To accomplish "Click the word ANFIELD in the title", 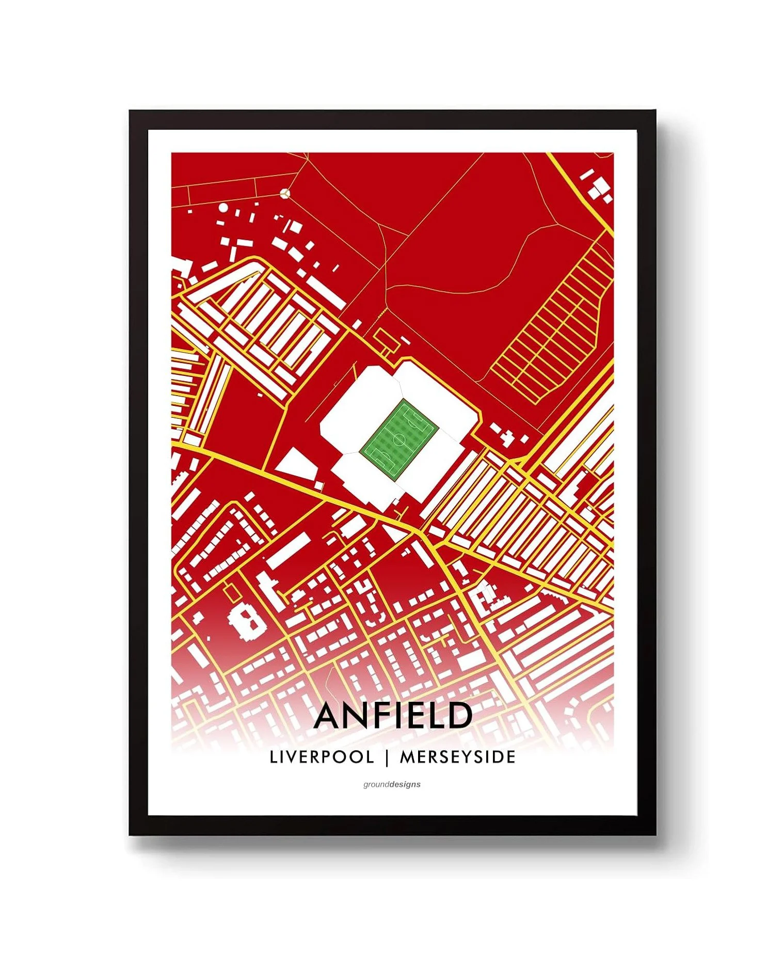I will [392, 715].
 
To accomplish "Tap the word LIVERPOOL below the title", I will [322, 757].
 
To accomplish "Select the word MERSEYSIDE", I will [458, 757].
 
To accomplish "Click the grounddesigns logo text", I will [392, 784].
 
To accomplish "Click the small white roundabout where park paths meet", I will [285, 193].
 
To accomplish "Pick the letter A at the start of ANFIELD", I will [329, 715].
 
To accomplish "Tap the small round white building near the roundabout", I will [223, 208].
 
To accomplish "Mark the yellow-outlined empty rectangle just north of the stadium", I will [387, 338].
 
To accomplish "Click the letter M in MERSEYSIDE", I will [408, 757].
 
